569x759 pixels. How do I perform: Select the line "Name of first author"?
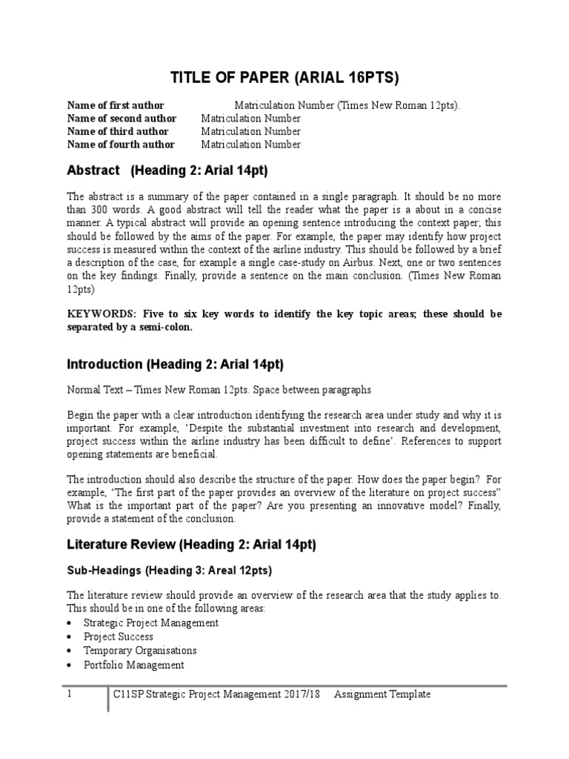[116, 105]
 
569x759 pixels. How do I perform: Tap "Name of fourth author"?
[121, 145]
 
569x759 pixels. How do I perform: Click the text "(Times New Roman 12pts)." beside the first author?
[399, 105]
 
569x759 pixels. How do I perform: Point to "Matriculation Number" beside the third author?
[251, 131]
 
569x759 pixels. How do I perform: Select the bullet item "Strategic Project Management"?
[151, 623]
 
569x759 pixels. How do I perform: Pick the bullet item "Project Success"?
[119, 637]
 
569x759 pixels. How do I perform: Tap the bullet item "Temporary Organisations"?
[140, 650]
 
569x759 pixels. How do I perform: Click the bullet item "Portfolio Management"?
[134, 665]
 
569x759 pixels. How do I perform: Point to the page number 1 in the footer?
[70, 695]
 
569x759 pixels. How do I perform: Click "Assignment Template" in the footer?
[382, 695]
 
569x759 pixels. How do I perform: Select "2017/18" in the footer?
[305, 695]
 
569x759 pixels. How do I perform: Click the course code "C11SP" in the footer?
[128, 695]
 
